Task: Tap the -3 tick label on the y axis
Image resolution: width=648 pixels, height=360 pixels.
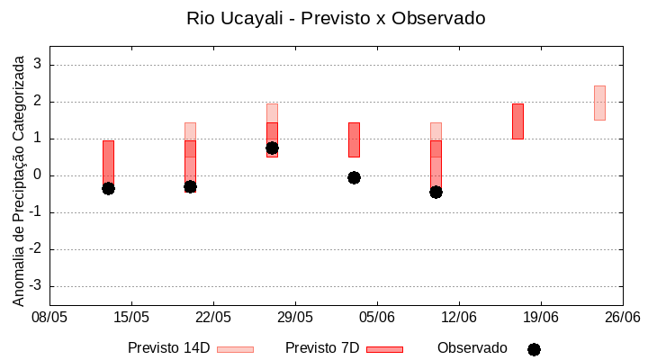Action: coord(35,286)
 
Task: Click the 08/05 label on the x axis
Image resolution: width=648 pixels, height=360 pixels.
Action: coord(49,317)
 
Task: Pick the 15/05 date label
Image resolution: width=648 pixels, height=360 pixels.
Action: coord(131,317)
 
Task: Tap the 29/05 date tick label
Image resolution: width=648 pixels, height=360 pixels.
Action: coord(295,317)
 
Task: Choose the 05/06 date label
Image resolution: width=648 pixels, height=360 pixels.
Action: coord(377,317)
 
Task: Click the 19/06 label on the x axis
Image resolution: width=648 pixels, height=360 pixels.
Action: coord(541,317)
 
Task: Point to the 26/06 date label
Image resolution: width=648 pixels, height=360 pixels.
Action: coord(622,317)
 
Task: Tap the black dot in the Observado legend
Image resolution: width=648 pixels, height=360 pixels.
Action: coord(534,349)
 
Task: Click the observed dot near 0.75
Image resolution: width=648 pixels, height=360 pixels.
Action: coord(272,148)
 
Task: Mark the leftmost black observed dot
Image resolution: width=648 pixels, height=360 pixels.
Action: coord(108,188)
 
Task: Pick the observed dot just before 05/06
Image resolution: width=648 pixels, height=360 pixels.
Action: coord(354,177)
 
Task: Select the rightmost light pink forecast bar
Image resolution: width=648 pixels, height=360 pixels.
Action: coord(599,103)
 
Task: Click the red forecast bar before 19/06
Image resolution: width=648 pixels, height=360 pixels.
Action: coord(517,121)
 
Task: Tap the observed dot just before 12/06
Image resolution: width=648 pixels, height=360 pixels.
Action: coord(436,192)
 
